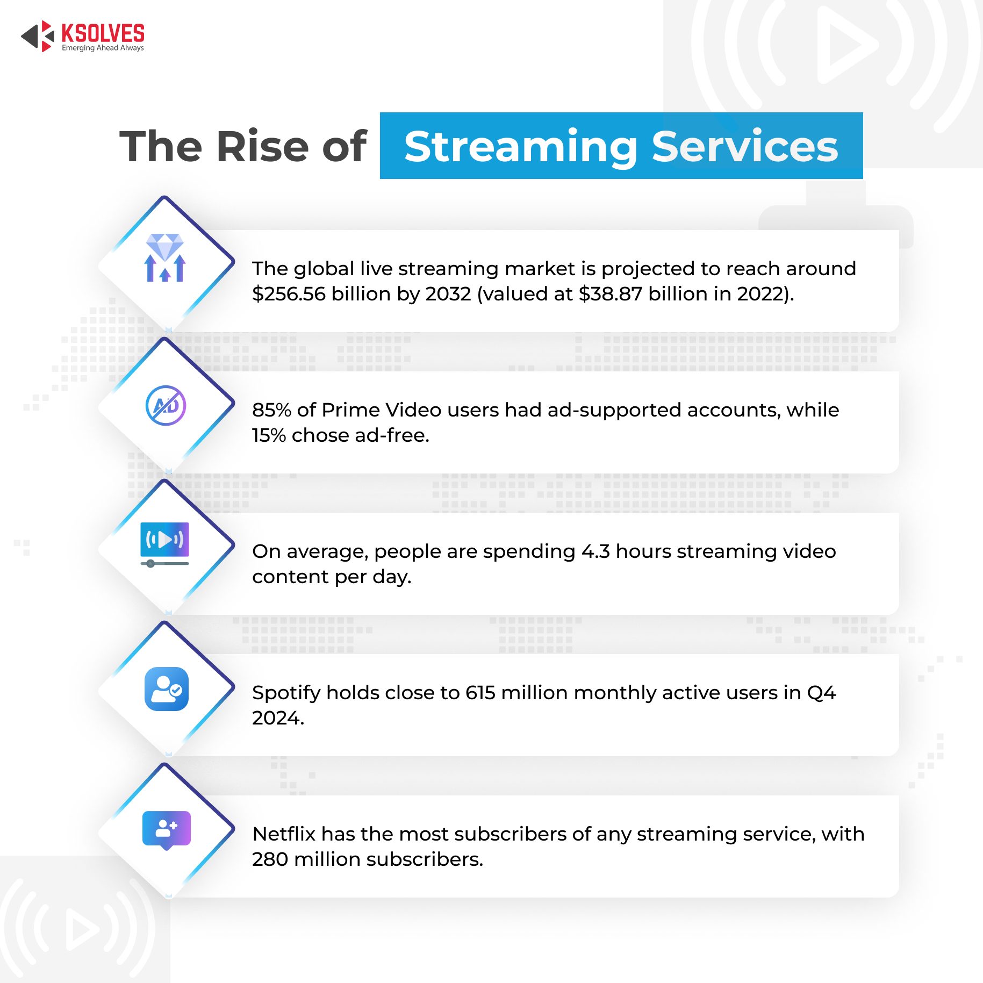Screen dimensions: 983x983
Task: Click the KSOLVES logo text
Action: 103,33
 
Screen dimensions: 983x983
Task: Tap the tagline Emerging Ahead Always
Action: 103,48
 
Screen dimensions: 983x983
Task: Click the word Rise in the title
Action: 264,146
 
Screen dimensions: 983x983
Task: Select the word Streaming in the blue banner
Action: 521,147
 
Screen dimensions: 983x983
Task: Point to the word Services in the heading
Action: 745,146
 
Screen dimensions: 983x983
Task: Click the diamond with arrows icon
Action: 165,257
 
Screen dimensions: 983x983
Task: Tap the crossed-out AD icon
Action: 166,405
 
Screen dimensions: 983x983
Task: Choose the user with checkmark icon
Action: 167,689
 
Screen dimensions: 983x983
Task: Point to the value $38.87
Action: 611,294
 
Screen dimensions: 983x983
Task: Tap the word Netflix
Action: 284,834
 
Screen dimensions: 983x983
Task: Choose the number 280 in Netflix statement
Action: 270,859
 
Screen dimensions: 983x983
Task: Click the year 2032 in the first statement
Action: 448,294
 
